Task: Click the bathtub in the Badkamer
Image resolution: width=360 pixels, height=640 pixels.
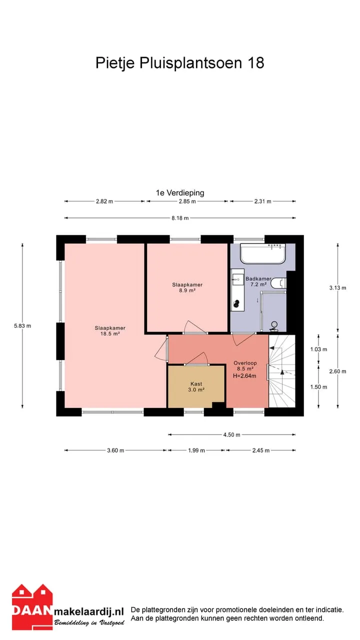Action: pyautogui.click(x=263, y=253)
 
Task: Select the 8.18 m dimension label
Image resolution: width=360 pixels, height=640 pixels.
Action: pyautogui.click(x=180, y=218)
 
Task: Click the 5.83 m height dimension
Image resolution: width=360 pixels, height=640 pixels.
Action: pyautogui.click(x=22, y=325)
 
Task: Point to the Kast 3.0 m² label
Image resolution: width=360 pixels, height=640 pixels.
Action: pyautogui.click(x=196, y=387)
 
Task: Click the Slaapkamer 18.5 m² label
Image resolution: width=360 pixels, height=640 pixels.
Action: pyautogui.click(x=110, y=331)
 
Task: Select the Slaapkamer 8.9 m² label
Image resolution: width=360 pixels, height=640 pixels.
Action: pyautogui.click(x=187, y=287)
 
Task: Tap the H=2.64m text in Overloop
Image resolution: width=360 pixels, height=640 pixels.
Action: pyautogui.click(x=244, y=376)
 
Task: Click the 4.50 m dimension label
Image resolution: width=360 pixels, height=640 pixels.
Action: pyautogui.click(x=231, y=435)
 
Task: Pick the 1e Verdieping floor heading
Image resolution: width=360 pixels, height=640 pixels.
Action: pyautogui.click(x=180, y=193)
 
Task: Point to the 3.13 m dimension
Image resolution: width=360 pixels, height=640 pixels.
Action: pyautogui.click(x=337, y=287)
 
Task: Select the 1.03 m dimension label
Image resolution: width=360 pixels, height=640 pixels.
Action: pyautogui.click(x=318, y=349)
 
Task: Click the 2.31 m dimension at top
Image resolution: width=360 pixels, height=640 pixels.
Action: pyautogui.click(x=263, y=201)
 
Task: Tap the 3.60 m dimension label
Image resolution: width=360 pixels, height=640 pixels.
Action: pyautogui.click(x=115, y=450)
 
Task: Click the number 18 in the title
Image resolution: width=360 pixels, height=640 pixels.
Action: pyautogui.click(x=256, y=63)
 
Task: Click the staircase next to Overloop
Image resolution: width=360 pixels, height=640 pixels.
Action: pyautogui.click(x=282, y=371)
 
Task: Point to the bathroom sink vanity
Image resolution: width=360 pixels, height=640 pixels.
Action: pyautogui.click(x=237, y=289)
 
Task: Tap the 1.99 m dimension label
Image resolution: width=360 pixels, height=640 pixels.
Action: pyautogui.click(x=196, y=450)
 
